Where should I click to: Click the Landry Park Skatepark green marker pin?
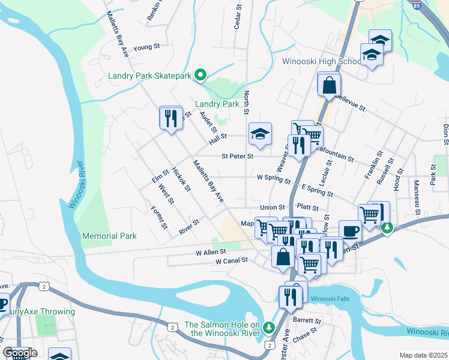pyautogui.click(x=201, y=76)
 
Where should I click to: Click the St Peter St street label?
pyautogui.click(x=237, y=156)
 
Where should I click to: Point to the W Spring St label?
pyautogui.click(x=273, y=178)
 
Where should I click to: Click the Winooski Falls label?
pyautogui.click(x=336, y=298)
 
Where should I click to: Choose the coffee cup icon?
pyautogui.click(x=350, y=231)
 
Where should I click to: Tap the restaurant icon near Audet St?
pyautogui.click(x=171, y=117)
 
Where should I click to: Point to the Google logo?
pyautogui.click(x=19, y=353)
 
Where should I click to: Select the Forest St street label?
pyautogui.click(x=160, y=218)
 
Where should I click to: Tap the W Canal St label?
pyautogui.click(x=232, y=261)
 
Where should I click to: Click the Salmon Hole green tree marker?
pyautogui.click(x=270, y=328)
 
